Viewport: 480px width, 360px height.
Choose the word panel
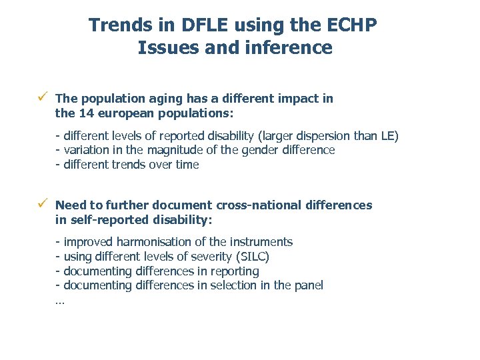click(309, 285)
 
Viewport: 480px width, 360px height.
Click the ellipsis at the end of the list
click(60, 301)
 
